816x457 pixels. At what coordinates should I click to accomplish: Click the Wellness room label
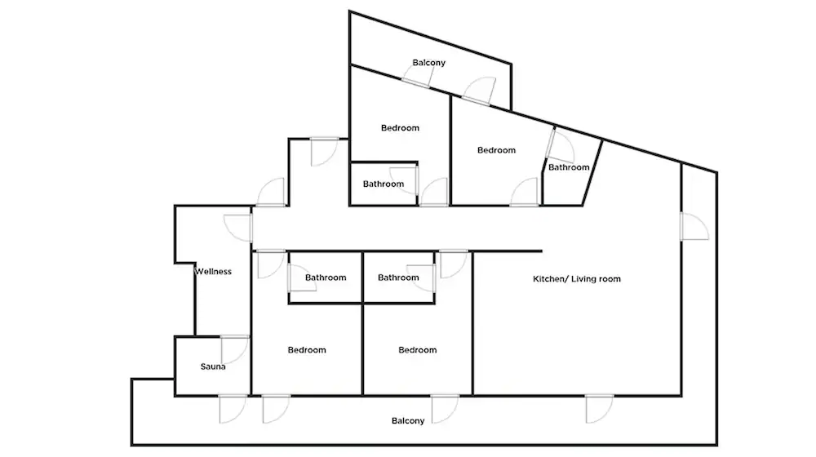(x=213, y=271)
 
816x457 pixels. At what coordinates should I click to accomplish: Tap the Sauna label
(x=213, y=366)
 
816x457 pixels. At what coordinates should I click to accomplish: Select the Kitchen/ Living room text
(x=577, y=279)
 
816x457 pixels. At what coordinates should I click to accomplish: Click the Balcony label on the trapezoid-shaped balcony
(x=429, y=63)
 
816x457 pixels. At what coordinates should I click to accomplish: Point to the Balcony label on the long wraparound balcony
(x=408, y=420)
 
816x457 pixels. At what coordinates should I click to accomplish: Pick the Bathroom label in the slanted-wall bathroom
(x=569, y=167)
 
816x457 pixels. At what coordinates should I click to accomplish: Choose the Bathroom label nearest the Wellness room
(x=326, y=277)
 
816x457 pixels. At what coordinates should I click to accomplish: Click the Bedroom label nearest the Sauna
(x=307, y=350)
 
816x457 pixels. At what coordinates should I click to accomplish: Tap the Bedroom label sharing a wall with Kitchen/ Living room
(x=417, y=350)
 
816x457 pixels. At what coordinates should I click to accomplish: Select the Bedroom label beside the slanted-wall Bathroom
(x=496, y=150)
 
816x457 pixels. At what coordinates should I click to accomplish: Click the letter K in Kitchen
(x=535, y=279)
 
